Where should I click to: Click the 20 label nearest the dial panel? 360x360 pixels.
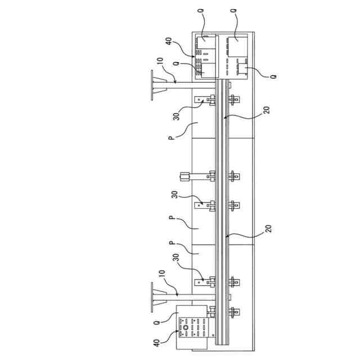tap(266, 228)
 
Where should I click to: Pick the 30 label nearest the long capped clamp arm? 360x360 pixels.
tap(174, 195)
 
